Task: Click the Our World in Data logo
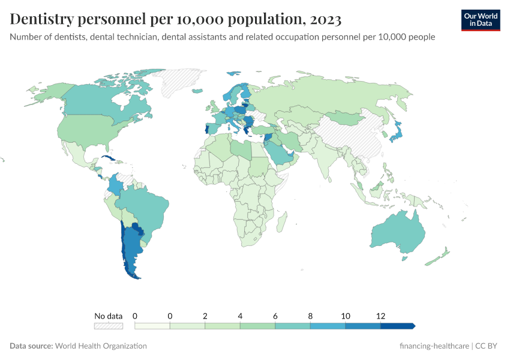point(480,20)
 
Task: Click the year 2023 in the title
point(325,20)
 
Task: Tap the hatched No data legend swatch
point(108,326)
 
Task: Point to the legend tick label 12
point(380,316)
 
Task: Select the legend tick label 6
point(275,316)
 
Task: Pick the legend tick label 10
point(346,316)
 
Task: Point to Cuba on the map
point(109,159)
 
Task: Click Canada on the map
point(102,99)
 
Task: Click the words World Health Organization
point(101,346)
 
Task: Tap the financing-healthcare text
point(435,346)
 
